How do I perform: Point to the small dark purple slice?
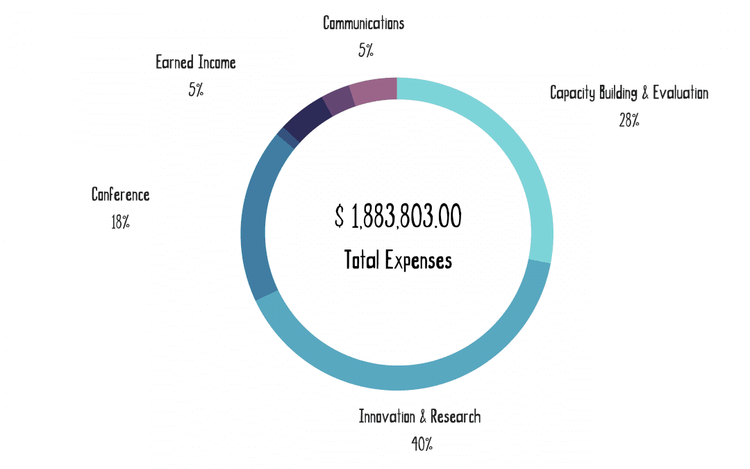338,101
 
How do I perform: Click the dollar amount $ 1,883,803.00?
398,217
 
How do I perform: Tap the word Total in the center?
362,261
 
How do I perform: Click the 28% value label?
628,120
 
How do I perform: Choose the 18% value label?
120,222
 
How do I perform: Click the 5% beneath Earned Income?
196,90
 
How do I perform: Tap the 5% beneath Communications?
366,50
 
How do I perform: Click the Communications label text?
363,23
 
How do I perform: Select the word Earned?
174,63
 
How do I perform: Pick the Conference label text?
120,195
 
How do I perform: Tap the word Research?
456,417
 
